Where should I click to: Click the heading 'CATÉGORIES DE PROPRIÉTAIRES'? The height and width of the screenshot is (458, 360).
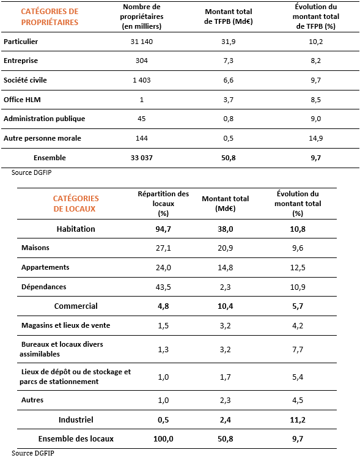(50, 17)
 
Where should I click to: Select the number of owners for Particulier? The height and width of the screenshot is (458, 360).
(142, 42)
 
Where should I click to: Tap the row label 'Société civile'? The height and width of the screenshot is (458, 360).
(25, 80)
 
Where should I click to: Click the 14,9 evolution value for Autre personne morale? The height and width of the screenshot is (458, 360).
(316, 138)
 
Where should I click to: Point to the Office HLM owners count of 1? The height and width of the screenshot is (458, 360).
(142, 100)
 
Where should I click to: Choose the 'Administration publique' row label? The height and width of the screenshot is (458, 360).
(45, 119)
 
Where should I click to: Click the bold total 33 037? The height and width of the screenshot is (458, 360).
(142, 158)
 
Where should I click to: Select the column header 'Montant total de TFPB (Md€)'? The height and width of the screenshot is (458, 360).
(229, 17)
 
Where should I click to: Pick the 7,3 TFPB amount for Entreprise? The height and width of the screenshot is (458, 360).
(229, 61)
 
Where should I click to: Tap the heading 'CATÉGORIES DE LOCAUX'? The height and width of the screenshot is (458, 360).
(76, 204)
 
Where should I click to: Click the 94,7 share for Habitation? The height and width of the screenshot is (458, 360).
(163, 229)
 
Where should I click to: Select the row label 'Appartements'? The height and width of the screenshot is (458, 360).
(45, 267)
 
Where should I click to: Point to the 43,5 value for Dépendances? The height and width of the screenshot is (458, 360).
(163, 287)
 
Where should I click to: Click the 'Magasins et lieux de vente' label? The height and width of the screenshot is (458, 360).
(65, 325)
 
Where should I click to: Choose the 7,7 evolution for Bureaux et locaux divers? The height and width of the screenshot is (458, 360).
(298, 349)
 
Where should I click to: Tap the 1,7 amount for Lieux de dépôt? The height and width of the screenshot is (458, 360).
(226, 377)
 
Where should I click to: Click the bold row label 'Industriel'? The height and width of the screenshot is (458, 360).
(76, 419)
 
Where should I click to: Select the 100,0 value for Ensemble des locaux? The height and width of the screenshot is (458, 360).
(163, 438)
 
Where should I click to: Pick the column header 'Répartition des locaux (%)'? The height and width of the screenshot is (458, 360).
(163, 204)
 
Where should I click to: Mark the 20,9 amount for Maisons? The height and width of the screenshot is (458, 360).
(226, 248)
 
